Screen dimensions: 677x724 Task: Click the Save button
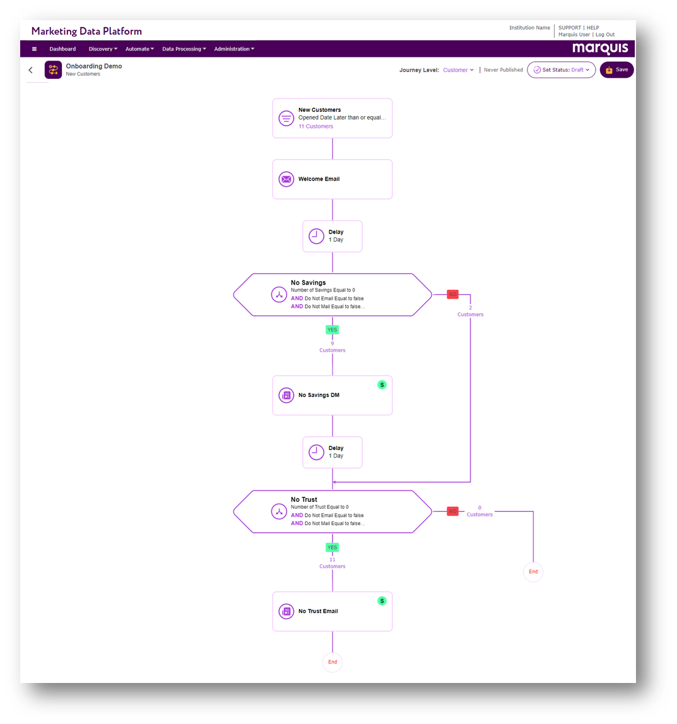pyautogui.click(x=616, y=69)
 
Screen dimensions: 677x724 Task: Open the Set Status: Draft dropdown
pyautogui.click(x=561, y=69)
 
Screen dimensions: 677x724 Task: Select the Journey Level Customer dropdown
pyautogui.click(x=458, y=70)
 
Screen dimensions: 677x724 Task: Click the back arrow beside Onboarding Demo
pyautogui.click(x=31, y=70)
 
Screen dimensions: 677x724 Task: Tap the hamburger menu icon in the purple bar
pyautogui.click(x=34, y=49)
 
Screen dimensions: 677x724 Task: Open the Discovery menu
pyautogui.click(x=103, y=49)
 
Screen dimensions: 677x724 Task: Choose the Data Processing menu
pyautogui.click(x=184, y=49)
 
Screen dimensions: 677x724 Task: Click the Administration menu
pyautogui.click(x=234, y=49)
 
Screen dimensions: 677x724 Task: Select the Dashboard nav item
pyautogui.click(x=62, y=49)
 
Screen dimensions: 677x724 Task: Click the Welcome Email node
pyautogui.click(x=333, y=179)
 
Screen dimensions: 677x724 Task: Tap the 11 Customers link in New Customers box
pyautogui.click(x=315, y=126)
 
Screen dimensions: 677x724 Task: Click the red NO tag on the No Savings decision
pyautogui.click(x=453, y=295)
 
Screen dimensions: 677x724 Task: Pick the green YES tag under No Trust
pyautogui.click(x=333, y=547)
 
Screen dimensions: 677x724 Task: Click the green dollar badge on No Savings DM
pyautogui.click(x=382, y=384)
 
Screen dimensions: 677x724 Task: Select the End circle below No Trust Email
pyautogui.click(x=333, y=662)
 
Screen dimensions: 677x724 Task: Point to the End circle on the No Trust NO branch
pyautogui.click(x=533, y=572)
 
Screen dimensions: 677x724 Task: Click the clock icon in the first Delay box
pyautogui.click(x=316, y=236)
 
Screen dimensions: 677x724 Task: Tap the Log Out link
pyautogui.click(x=605, y=35)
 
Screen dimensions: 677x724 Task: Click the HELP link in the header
pyautogui.click(x=592, y=28)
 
